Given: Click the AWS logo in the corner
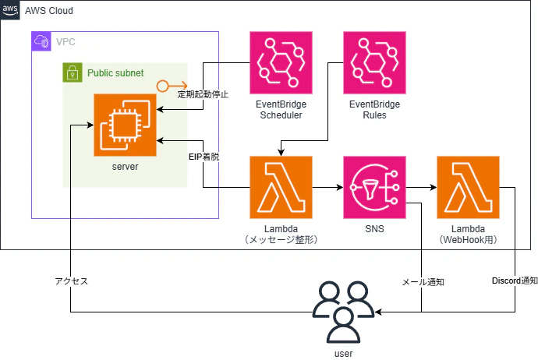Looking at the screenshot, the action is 10,10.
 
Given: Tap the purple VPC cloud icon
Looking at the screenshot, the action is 41,41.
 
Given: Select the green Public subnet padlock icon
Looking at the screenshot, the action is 73,72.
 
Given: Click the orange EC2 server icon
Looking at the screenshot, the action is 125,125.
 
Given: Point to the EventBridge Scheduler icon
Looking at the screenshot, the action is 281,63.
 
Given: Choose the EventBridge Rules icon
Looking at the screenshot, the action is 375,63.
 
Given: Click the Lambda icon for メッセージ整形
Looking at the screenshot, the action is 281,187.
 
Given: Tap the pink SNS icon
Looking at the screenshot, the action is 375,187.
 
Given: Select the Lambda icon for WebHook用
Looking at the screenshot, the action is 468,187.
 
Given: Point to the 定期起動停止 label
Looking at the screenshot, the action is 203,94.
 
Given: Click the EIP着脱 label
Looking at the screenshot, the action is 204,157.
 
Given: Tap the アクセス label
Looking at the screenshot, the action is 72,281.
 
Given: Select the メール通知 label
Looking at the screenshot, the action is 423,282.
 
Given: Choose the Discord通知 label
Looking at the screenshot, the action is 515,281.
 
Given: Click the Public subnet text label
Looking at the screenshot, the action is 115,73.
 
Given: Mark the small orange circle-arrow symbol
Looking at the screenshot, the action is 172,86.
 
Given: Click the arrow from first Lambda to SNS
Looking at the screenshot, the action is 327,187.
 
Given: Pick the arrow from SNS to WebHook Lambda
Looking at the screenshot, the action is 421,187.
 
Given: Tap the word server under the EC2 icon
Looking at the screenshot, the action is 125,167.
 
